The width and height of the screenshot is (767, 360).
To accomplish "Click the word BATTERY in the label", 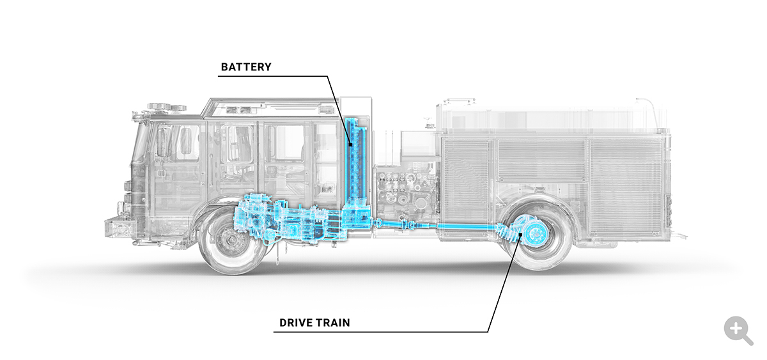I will pyautogui.click(x=246, y=67).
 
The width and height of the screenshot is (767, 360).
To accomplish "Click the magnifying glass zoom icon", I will pyautogui.click(x=738, y=331).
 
